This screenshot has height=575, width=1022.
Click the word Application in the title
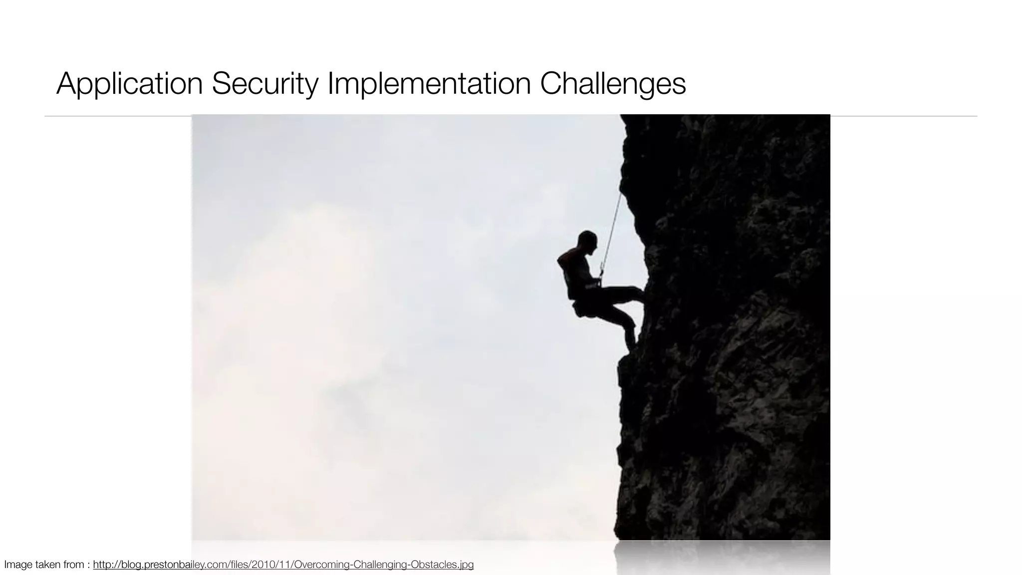(x=129, y=83)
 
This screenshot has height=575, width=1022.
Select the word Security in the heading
(x=264, y=83)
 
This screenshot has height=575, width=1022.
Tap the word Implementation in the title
(x=429, y=83)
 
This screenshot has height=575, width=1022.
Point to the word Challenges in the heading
(x=613, y=83)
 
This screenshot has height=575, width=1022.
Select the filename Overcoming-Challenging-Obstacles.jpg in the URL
(x=383, y=565)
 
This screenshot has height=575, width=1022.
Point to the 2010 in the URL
(x=262, y=565)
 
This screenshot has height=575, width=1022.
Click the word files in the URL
(x=240, y=565)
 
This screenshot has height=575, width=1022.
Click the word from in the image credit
(x=74, y=565)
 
